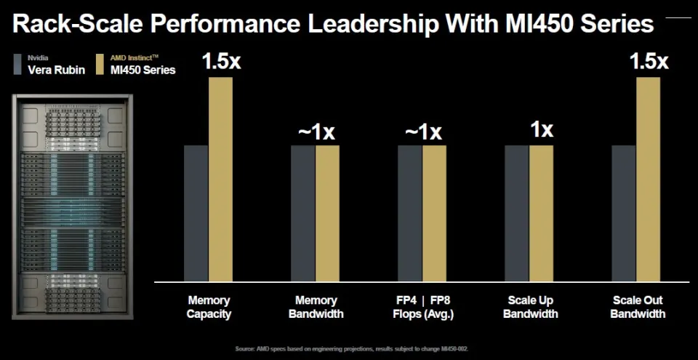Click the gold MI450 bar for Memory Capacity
pyautogui.click(x=220, y=178)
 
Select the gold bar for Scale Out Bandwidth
pyautogui.click(x=648, y=178)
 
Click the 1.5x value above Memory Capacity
pyautogui.click(x=221, y=61)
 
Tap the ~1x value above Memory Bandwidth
pyautogui.click(x=316, y=132)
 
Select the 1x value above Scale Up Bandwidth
pyautogui.click(x=541, y=129)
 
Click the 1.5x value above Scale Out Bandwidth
pyautogui.click(x=649, y=61)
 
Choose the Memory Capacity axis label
pyautogui.click(x=209, y=307)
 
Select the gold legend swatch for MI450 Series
pyautogui.click(x=99, y=65)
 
